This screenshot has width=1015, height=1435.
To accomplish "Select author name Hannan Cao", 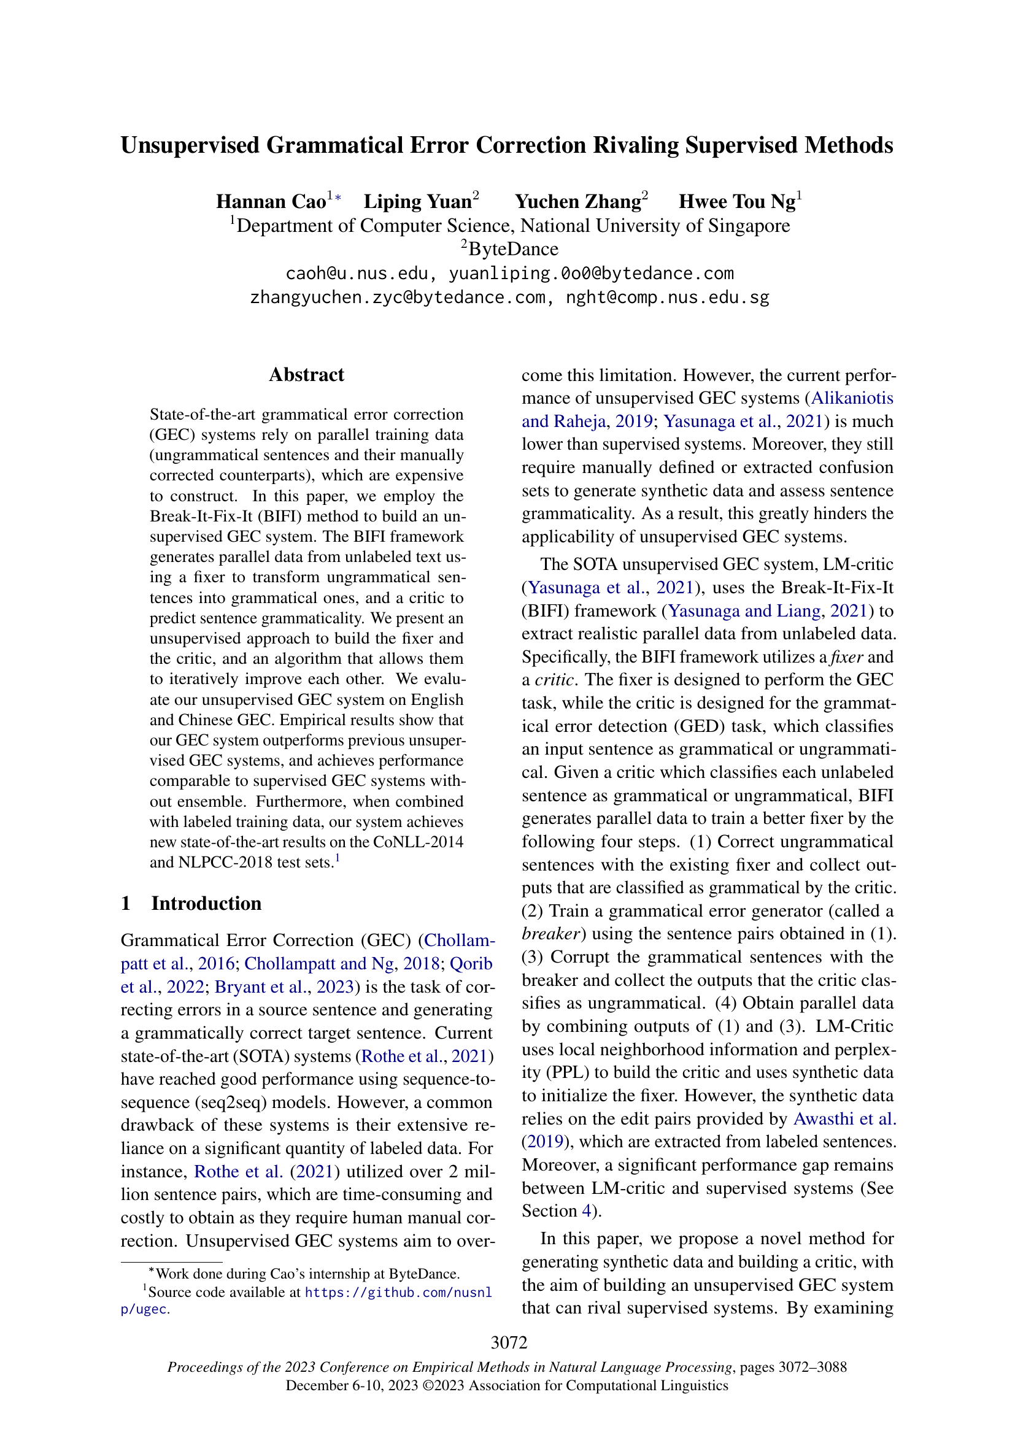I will coord(271,202).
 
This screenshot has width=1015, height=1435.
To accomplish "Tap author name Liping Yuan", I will coord(417,202).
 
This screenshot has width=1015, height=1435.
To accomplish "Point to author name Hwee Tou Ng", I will coord(737,202).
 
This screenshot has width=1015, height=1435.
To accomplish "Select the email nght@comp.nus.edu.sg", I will coord(667,298).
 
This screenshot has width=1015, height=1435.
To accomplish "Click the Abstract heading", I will coord(306,375).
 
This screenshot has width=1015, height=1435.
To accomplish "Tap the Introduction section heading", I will coord(206,904).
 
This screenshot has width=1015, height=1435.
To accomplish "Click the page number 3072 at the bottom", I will coord(509,1342).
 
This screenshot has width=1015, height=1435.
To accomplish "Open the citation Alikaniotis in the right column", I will coord(852,398).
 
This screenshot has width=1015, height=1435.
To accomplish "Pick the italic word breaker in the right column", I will coord(550,934).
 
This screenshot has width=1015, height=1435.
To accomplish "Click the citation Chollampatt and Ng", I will coord(319,964).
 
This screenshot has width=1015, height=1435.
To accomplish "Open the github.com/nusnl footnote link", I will coord(398,1293).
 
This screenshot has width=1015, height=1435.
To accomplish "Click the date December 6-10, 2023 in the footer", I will coord(351,1386).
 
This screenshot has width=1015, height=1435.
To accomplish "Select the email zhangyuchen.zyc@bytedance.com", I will coord(398,298).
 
